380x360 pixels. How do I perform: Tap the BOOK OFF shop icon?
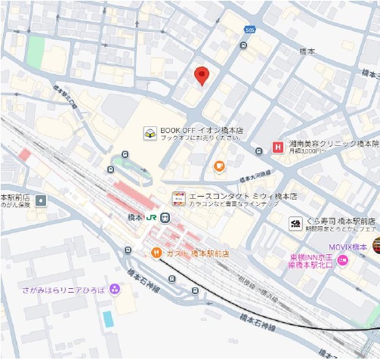pyautogui.click(x=150, y=134)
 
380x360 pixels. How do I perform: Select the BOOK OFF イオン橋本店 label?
pyautogui.click(x=202, y=130)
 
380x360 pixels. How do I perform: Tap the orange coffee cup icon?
pyautogui.click(x=219, y=166)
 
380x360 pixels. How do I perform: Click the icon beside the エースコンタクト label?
pyautogui.click(x=179, y=198)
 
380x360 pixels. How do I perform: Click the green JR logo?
pyautogui.click(x=152, y=218)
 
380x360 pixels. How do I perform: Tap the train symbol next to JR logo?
pyautogui.click(x=165, y=218)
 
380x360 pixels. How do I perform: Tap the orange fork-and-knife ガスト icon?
pyautogui.click(x=156, y=252)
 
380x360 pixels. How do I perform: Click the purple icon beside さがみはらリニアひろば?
pyautogui.click(x=114, y=288)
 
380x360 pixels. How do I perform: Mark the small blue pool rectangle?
pyautogui.click(x=108, y=318)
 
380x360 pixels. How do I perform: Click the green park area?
pyautogui.click(x=35, y=51)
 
